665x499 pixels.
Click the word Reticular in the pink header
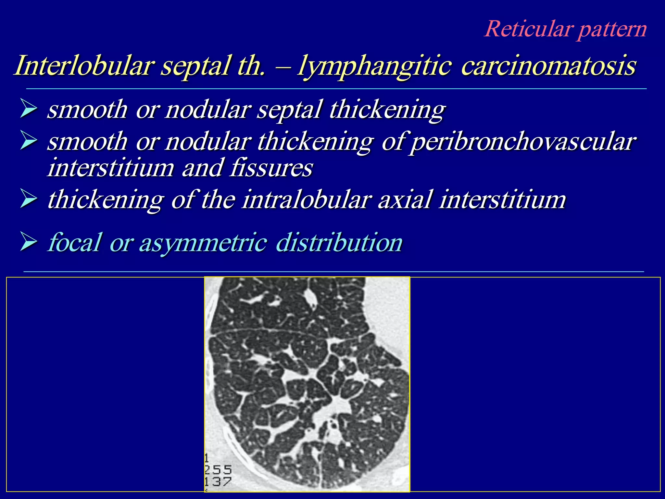tap(528, 29)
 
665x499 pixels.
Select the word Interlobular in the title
tap(83, 66)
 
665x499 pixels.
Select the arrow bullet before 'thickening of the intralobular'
tap(29, 199)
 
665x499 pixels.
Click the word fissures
tap(271, 168)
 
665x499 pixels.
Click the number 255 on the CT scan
tap(218, 470)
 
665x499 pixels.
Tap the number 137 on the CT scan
tap(218, 482)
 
